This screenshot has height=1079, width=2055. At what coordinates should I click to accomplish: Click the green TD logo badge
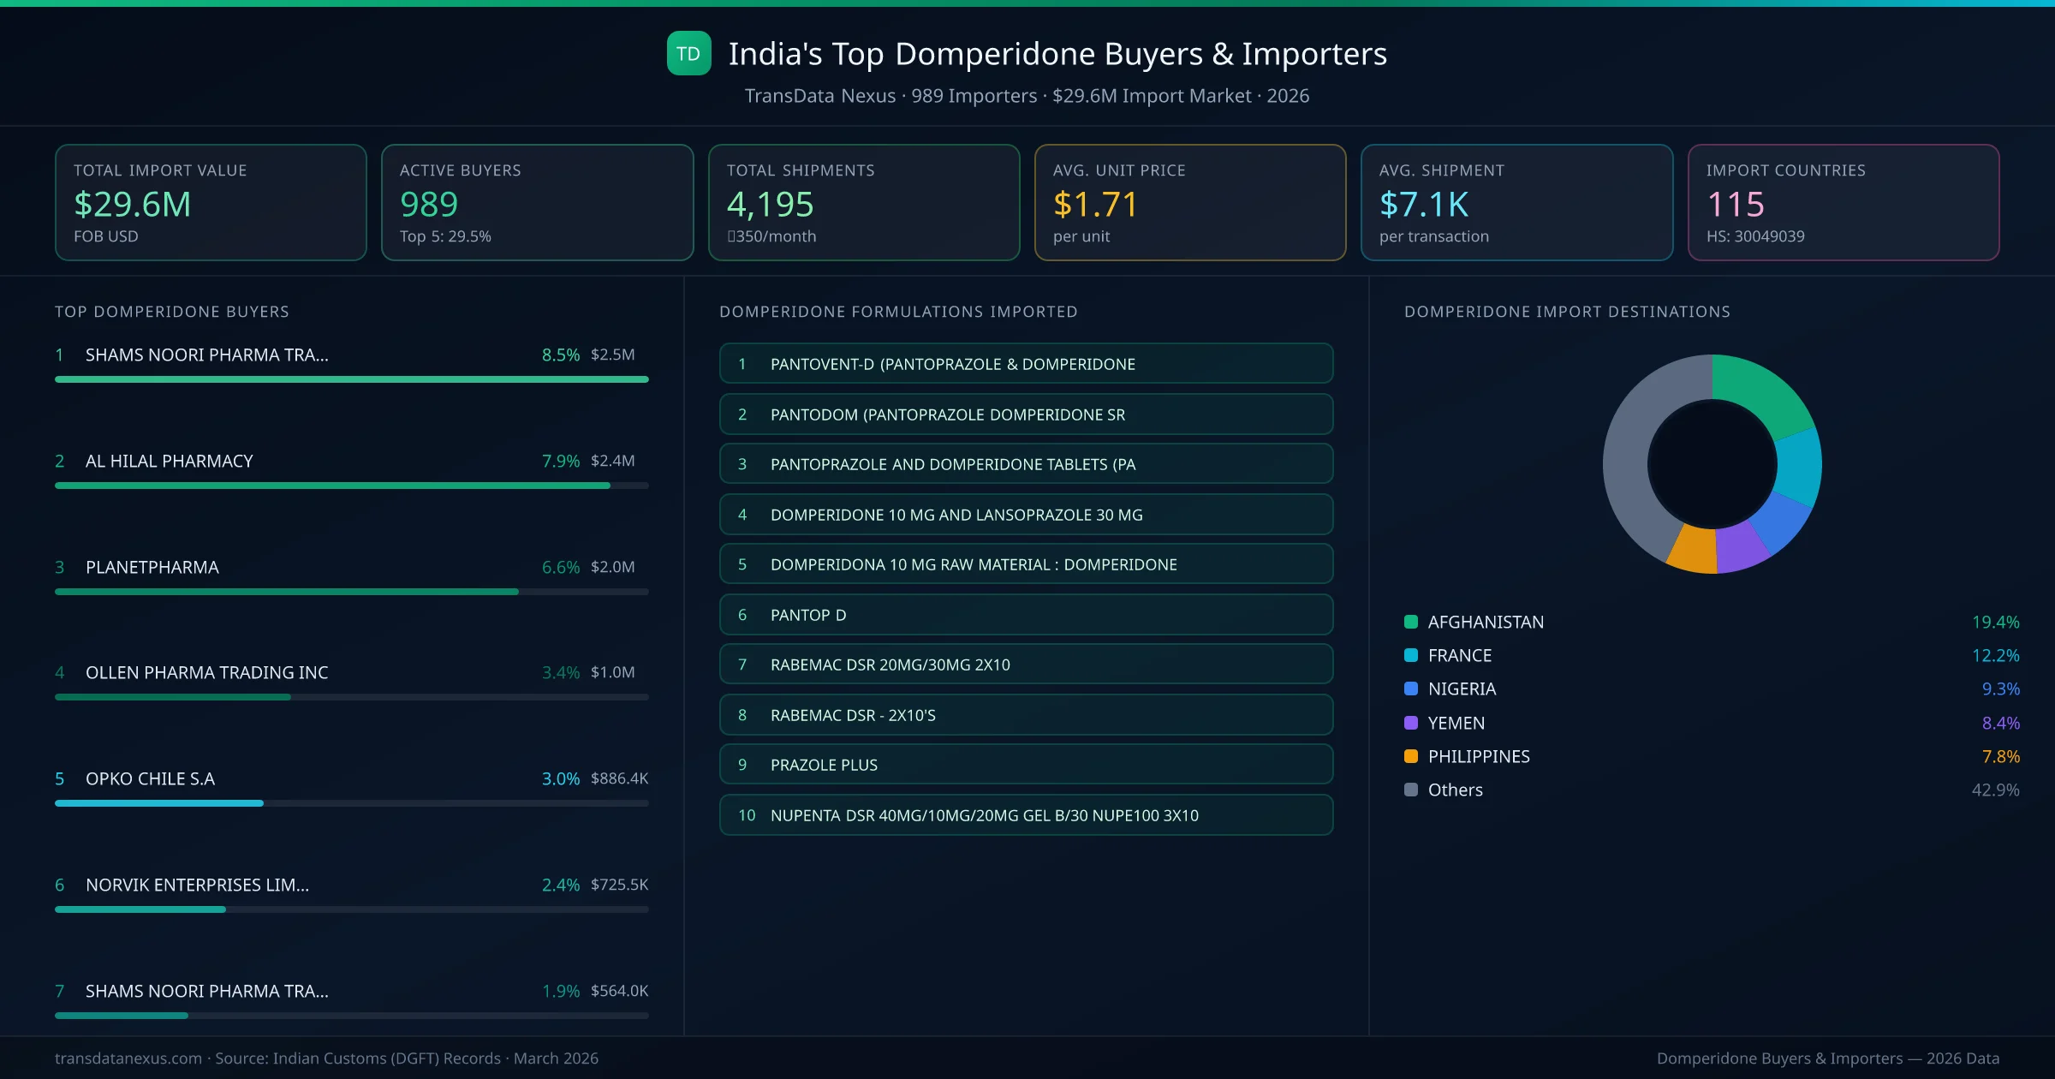coord(688,54)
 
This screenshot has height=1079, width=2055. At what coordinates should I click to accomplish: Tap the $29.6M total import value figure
coord(133,204)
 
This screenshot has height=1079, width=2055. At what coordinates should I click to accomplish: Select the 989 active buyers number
coord(429,204)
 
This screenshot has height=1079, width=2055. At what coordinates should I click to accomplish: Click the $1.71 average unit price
coord(1095,204)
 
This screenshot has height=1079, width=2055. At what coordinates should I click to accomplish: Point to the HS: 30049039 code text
coord(1754,236)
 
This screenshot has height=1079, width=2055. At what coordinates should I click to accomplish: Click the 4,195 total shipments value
coord(770,204)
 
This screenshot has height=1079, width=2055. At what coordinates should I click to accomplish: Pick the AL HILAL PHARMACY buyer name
coord(169,461)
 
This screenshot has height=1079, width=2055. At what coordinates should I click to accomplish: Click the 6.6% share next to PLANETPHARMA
coord(560,567)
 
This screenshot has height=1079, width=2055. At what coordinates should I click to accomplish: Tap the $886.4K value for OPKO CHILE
coord(619,778)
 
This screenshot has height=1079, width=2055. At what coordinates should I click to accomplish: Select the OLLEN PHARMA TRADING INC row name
coord(206,672)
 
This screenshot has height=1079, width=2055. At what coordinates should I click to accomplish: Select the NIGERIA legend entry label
coord(1462,689)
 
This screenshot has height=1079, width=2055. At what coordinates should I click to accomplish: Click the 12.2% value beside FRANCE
coord(1995,655)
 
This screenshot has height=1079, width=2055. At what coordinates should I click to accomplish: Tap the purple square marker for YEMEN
coord(1411,723)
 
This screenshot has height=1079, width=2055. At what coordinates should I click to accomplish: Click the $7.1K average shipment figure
coord(1424,204)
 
